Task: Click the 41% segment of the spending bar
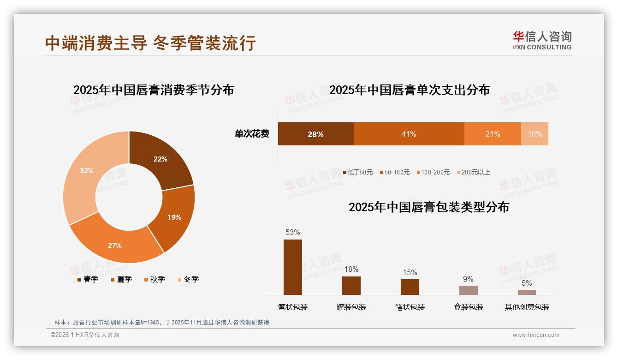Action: [409, 134]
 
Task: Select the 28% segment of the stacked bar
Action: [315, 134]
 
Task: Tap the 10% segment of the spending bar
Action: [535, 134]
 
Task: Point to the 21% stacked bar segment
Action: [493, 134]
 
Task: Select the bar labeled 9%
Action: [468, 290]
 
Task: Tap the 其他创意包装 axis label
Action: [527, 307]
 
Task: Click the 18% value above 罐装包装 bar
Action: [351, 269]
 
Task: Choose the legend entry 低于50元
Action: [358, 172]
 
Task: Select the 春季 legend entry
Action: [88, 279]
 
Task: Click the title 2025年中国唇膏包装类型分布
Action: [428, 207]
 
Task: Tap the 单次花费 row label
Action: [252, 134]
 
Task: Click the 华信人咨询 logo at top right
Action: [542, 40]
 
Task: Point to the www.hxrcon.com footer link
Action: [535, 335]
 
